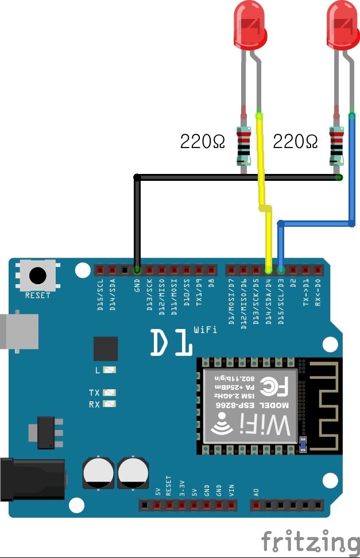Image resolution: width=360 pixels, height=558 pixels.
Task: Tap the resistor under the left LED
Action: click(245, 144)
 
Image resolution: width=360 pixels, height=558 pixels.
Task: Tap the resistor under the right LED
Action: click(337, 144)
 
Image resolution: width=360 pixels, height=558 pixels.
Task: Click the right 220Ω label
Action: click(295, 141)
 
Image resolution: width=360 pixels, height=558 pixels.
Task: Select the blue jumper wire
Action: click(351, 172)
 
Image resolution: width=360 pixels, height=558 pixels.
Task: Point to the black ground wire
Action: click(230, 178)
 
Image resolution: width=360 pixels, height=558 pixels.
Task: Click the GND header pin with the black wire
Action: click(137, 269)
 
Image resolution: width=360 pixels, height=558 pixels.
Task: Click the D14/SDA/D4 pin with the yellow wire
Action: click(269, 269)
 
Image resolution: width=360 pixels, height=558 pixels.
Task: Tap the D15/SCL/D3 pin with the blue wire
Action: click(281, 269)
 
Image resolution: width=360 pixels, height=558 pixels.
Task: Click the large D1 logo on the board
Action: click(171, 343)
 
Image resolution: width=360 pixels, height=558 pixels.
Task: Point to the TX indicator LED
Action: click(109, 393)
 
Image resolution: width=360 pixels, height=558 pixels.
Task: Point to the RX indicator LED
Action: click(109, 404)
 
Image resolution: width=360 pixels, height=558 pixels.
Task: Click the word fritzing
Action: click(310, 541)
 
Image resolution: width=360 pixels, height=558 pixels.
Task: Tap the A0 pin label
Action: click(256, 491)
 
